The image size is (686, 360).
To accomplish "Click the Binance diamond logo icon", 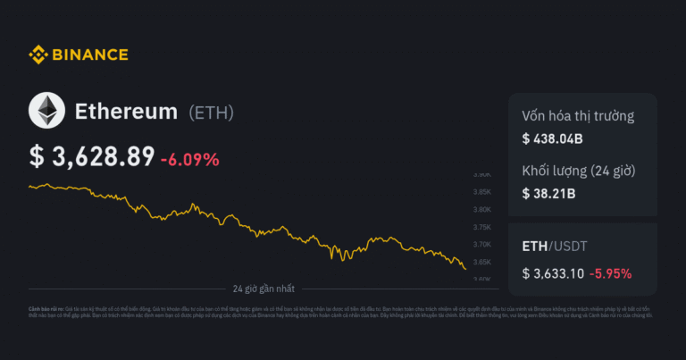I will click(38, 54).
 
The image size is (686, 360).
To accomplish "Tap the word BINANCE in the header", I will click(89, 55).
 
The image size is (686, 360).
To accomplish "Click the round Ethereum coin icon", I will click(46, 112).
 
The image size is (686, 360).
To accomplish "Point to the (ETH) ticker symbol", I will click(212, 113).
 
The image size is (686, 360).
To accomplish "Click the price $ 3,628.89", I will click(92, 156).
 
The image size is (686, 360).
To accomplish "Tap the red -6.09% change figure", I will click(189, 159).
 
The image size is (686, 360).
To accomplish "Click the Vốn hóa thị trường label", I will click(578, 116).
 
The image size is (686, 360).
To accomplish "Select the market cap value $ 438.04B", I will click(553, 138).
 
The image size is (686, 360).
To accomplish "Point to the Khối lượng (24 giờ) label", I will click(578, 171).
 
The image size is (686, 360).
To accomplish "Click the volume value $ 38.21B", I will click(548, 193).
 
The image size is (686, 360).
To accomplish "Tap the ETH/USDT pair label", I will click(554, 246).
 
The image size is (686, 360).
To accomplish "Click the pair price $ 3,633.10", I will click(553, 272).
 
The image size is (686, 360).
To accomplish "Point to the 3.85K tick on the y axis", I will click(482, 192).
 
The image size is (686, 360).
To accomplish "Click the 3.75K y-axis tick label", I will click(482, 227).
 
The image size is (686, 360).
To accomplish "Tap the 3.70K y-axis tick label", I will click(482, 244).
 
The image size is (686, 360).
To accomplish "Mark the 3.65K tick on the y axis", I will click(482, 262).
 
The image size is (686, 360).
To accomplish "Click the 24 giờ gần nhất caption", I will click(264, 289).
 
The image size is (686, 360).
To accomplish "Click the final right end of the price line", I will click(465, 268).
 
